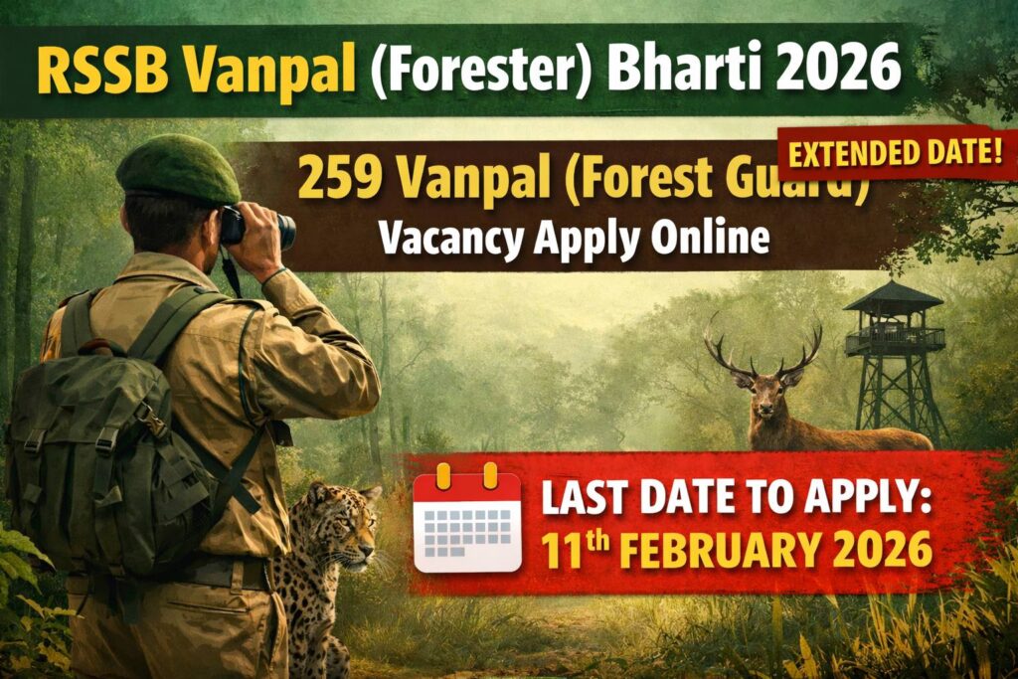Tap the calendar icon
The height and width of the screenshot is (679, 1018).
click(x=466, y=522)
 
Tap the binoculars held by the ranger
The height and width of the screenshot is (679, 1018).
click(x=255, y=226)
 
